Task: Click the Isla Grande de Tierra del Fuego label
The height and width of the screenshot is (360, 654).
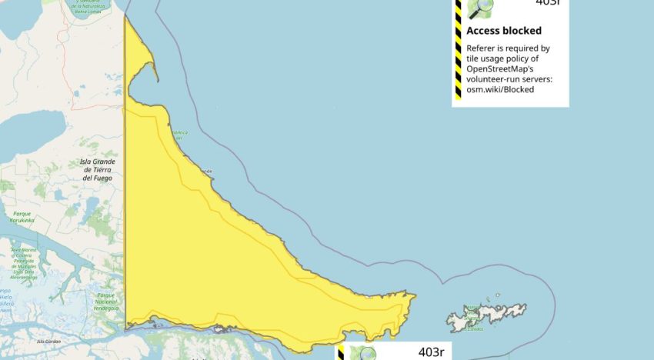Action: click(97, 170)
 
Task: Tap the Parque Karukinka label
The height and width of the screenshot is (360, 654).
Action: click(22, 217)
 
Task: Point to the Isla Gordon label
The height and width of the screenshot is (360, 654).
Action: click(48, 341)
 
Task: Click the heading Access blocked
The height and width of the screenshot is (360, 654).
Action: click(504, 32)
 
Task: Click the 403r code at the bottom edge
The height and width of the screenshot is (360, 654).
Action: click(430, 353)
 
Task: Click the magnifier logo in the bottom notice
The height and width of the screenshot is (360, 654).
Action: click(362, 354)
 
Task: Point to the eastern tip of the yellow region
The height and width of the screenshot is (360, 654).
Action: click(415, 295)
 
